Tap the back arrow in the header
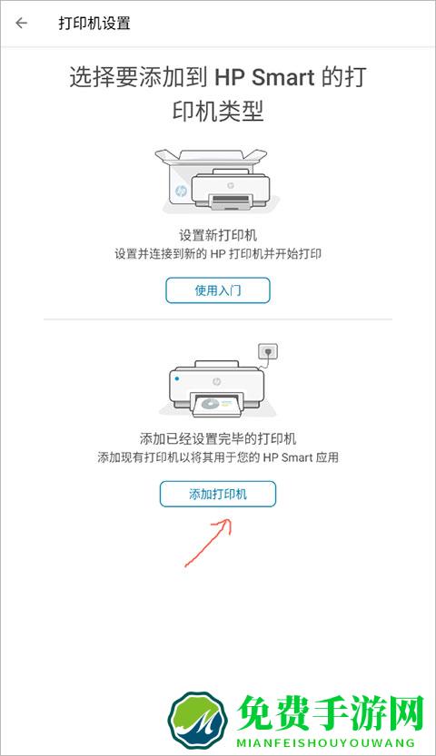click(x=21, y=23)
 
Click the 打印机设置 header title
click(x=94, y=24)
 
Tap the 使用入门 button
click(x=217, y=290)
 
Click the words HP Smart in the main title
click(x=264, y=77)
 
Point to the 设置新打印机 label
click(x=218, y=235)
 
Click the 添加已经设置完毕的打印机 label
click(x=218, y=438)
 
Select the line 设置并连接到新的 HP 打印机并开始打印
click(x=218, y=253)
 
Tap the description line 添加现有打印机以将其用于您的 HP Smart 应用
click(x=218, y=457)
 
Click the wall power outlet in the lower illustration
click(x=268, y=351)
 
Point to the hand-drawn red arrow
click(x=208, y=543)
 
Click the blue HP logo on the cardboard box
click(x=181, y=191)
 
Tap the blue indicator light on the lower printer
click(x=177, y=378)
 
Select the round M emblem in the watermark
click(x=198, y=720)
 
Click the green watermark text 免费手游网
click(x=331, y=713)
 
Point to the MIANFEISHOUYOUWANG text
click(x=325, y=742)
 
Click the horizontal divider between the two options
click(x=218, y=319)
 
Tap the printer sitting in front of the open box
click(x=231, y=189)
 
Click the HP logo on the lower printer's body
click(x=216, y=382)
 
